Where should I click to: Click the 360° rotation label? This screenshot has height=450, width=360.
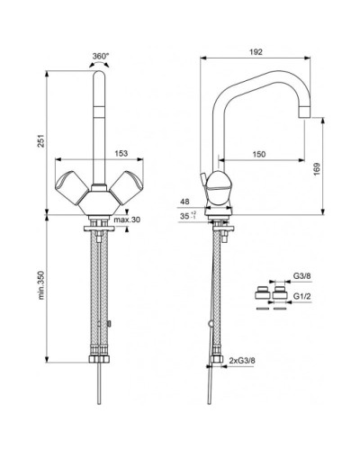[x=101, y=56]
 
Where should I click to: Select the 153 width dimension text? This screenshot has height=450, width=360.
[x=121, y=153]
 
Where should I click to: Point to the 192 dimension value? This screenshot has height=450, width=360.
[x=256, y=52]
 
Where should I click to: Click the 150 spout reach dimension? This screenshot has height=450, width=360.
[x=259, y=154]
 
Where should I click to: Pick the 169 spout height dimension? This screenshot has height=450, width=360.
[x=317, y=169]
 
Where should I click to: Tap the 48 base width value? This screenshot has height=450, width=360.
[x=185, y=202]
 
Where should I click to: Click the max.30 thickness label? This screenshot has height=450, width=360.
[x=127, y=220]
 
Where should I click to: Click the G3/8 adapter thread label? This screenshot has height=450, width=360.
[x=301, y=276]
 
